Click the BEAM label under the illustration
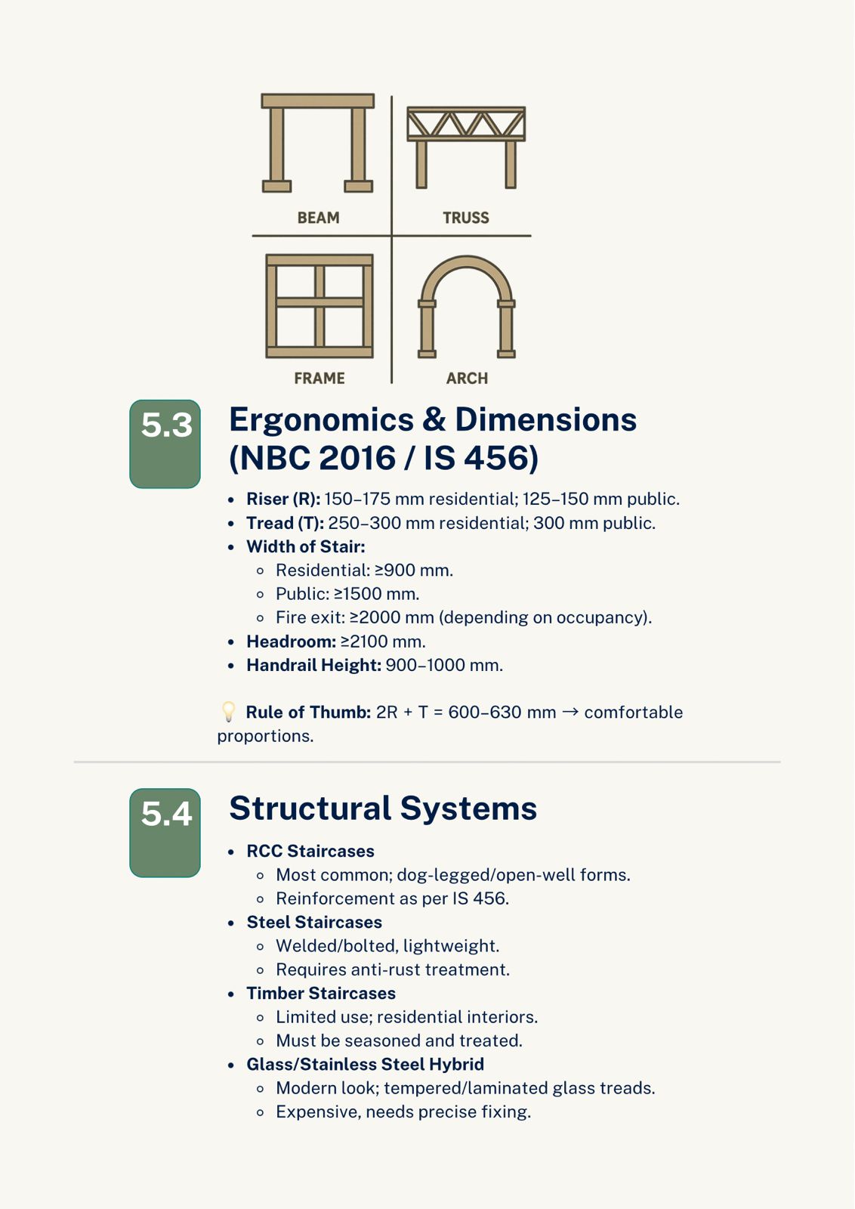tap(318, 218)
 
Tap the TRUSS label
tap(465, 218)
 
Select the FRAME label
tap(319, 378)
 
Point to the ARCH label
tap(467, 378)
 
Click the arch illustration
tap(467, 306)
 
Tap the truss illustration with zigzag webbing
tap(466, 125)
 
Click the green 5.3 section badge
tap(165, 444)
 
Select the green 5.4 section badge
tap(165, 832)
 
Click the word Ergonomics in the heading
tap(322, 420)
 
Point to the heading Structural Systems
tap(383, 809)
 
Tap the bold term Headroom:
tap(291, 642)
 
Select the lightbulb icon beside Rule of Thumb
tap(228, 712)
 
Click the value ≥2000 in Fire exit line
tap(375, 617)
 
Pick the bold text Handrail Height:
tap(313, 665)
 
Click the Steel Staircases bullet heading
tap(314, 922)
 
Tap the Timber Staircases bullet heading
tap(321, 993)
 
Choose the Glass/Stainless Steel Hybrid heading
tap(365, 1064)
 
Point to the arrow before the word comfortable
tap(570, 712)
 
